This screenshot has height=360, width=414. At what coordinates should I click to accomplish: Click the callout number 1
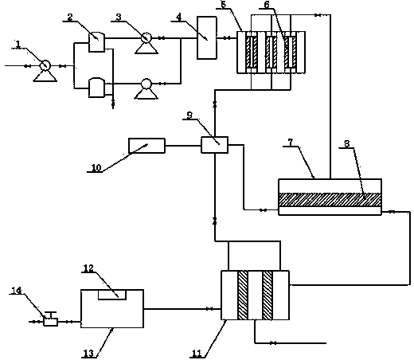click(18, 44)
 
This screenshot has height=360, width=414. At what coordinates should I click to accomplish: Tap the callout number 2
click(70, 18)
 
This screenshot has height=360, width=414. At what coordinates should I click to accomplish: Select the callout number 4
click(179, 18)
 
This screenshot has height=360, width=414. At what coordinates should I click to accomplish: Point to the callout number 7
click(291, 143)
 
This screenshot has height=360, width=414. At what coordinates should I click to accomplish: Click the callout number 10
click(96, 168)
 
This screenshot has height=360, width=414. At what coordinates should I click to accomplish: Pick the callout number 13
click(88, 354)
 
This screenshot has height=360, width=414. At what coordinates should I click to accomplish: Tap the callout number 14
click(17, 290)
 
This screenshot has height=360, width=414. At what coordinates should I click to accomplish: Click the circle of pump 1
click(45, 65)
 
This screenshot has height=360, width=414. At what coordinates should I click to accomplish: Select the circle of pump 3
click(146, 37)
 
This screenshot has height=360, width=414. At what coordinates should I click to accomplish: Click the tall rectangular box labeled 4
click(207, 37)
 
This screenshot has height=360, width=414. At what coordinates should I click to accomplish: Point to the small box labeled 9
click(214, 145)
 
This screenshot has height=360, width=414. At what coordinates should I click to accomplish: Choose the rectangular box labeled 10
click(146, 146)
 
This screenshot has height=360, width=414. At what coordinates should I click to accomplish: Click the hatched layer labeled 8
click(330, 200)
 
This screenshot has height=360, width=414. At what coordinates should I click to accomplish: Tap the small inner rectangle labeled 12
click(112, 295)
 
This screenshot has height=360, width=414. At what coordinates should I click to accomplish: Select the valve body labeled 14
click(51, 322)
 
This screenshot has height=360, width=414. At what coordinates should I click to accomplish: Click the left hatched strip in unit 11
click(243, 295)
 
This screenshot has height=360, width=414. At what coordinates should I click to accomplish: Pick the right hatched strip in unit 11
click(268, 295)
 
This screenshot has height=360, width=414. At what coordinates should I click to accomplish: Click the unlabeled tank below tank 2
click(97, 88)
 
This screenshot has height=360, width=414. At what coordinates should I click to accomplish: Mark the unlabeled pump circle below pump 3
click(146, 84)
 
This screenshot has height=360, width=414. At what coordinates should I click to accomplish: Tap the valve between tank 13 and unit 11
click(209, 309)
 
